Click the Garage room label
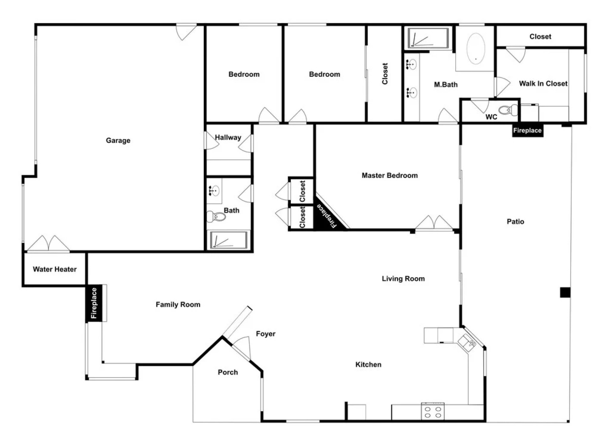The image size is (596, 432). click(118, 140)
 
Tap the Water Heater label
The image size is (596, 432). click(54, 269)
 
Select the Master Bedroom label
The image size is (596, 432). click(389, 175)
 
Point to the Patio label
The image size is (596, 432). click(515, 221)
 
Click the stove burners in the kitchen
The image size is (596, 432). click(433, 412)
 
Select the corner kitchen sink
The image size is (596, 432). click(467, 342)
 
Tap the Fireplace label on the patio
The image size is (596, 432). click(527, 130)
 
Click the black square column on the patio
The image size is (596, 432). click(565, 292)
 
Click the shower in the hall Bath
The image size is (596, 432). click(228, 240)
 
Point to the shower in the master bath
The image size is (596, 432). click(427, 38)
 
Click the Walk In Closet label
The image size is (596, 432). click(543, 83)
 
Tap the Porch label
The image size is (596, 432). click(228, 372)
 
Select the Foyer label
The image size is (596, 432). click(266, 334)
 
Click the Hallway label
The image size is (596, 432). click(228, 137)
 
